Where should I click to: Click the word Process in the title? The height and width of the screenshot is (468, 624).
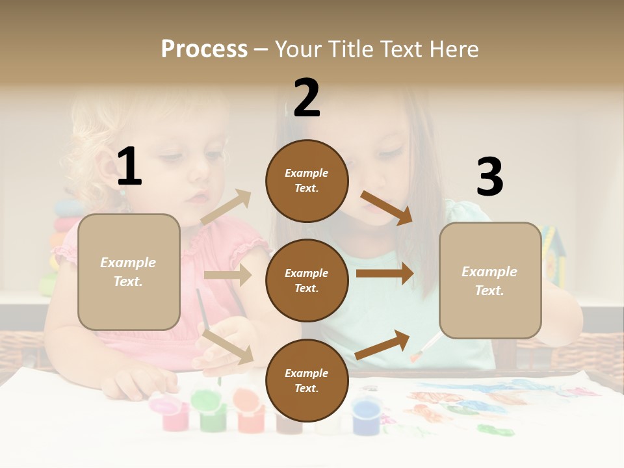point(204,49)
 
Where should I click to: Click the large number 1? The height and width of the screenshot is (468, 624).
point(129,167)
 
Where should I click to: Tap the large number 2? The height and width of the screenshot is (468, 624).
point(307,98)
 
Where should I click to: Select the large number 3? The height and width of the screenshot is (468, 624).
point(489,177)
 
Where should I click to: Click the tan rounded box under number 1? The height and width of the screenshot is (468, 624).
point(129,272)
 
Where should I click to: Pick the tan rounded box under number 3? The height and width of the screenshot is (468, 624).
point(490,281)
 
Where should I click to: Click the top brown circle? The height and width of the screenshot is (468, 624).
point(307,181)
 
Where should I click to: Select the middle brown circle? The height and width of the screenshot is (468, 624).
point(307,280)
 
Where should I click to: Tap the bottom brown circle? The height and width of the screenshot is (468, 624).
point(307,380)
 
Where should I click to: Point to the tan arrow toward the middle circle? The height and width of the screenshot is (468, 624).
point(227,275)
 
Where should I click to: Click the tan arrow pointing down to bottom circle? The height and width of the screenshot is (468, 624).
point(228,346)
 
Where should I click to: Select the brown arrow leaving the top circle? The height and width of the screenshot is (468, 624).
point(387,207)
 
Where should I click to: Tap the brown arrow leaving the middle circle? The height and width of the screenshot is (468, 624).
point(385,273)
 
